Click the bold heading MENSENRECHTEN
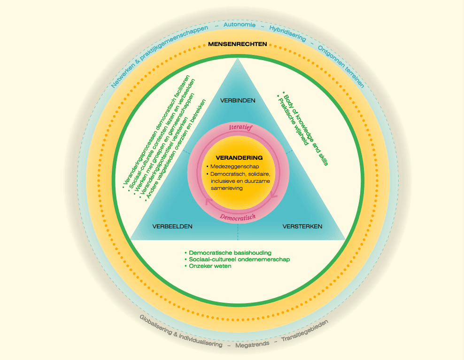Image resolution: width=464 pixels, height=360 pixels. click(x=238, y=44)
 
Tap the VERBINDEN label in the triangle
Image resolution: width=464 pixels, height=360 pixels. click(x=238, y=100)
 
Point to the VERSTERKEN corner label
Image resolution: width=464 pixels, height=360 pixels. click(x=302, y=227)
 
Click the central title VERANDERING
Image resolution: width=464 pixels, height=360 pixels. click(x=239, y=158)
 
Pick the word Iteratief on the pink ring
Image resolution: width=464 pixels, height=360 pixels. click(x=241, y=127)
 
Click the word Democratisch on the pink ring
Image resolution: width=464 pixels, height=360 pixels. click(x=238, y=217)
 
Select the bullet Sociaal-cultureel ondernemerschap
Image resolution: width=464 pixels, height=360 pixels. click(x=239, y=259)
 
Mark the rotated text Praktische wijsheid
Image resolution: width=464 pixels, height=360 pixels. click(x=294, y=121)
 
